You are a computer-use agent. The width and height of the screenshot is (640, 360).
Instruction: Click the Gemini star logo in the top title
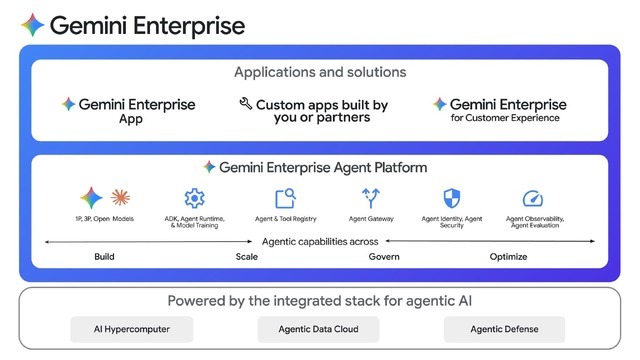[32, 25]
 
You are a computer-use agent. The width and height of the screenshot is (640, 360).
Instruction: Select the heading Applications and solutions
[320, 72]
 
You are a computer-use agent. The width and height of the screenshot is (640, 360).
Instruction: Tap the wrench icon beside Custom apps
[245, 104]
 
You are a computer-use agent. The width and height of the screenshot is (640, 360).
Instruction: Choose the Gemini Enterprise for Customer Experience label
[499, 110]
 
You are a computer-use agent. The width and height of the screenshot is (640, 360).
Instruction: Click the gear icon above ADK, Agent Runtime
[193, 197]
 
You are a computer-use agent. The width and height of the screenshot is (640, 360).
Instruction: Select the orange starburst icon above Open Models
[119, 197]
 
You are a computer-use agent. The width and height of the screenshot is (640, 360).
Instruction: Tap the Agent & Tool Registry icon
[285, 197]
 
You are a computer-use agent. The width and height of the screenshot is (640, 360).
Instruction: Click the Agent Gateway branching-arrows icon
[372, 197]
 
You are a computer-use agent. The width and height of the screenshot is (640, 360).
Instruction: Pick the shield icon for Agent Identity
[451, 197]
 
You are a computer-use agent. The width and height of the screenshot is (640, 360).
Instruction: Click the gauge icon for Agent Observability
[532, 198]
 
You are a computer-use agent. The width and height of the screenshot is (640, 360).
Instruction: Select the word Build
[104, 257]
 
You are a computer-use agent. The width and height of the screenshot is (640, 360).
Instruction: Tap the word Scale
[246, 257]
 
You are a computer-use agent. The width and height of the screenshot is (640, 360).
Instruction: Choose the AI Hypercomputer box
[130, 328]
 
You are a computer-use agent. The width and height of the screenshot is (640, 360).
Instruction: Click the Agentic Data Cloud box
[317, 328]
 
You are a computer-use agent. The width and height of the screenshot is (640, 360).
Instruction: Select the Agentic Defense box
[504, 328]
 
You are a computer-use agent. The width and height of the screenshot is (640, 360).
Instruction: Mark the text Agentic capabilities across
[320, 241]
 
